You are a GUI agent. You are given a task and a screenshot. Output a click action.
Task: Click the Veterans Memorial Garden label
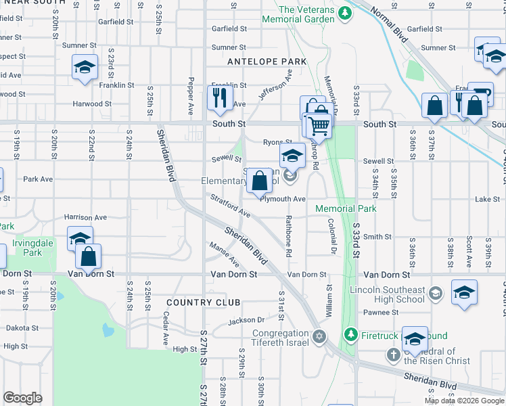click(306, 14)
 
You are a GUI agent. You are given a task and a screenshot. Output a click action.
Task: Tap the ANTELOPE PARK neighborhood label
click(267, 62)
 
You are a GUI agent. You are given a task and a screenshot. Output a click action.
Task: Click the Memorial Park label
click(345, 209)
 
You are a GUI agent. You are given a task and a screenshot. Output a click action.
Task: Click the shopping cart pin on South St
click(318, 125)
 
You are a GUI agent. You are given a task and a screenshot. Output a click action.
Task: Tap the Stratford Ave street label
click(231, 206)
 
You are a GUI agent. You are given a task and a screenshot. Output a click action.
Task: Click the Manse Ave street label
click(225, 254)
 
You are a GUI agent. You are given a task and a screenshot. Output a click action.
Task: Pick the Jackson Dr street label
click(246, 320)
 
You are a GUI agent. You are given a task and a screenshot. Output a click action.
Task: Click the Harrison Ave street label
click(85, 217)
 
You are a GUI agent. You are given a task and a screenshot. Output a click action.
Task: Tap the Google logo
click(22, 398)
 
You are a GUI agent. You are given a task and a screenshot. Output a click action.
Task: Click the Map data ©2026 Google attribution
click(463, 401)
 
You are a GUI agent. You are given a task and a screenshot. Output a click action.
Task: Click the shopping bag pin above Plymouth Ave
click(260, 181)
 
